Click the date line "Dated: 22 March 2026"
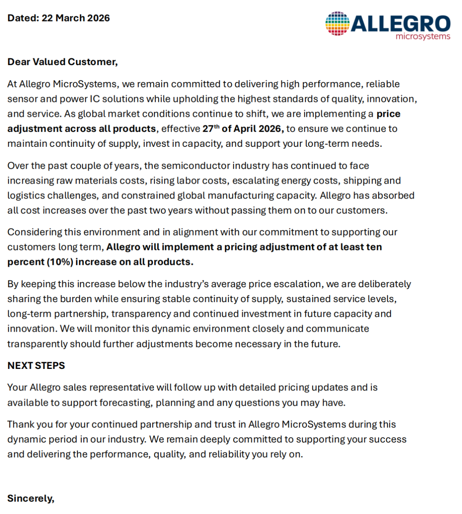click(59, 18)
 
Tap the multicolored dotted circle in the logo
click(337, 24)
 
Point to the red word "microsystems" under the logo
click(423, 37)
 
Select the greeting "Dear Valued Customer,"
click(62, 62)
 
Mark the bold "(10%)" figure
click(60, 262)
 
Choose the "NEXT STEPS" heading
click(36, 365)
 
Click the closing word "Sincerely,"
click(31, 498)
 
